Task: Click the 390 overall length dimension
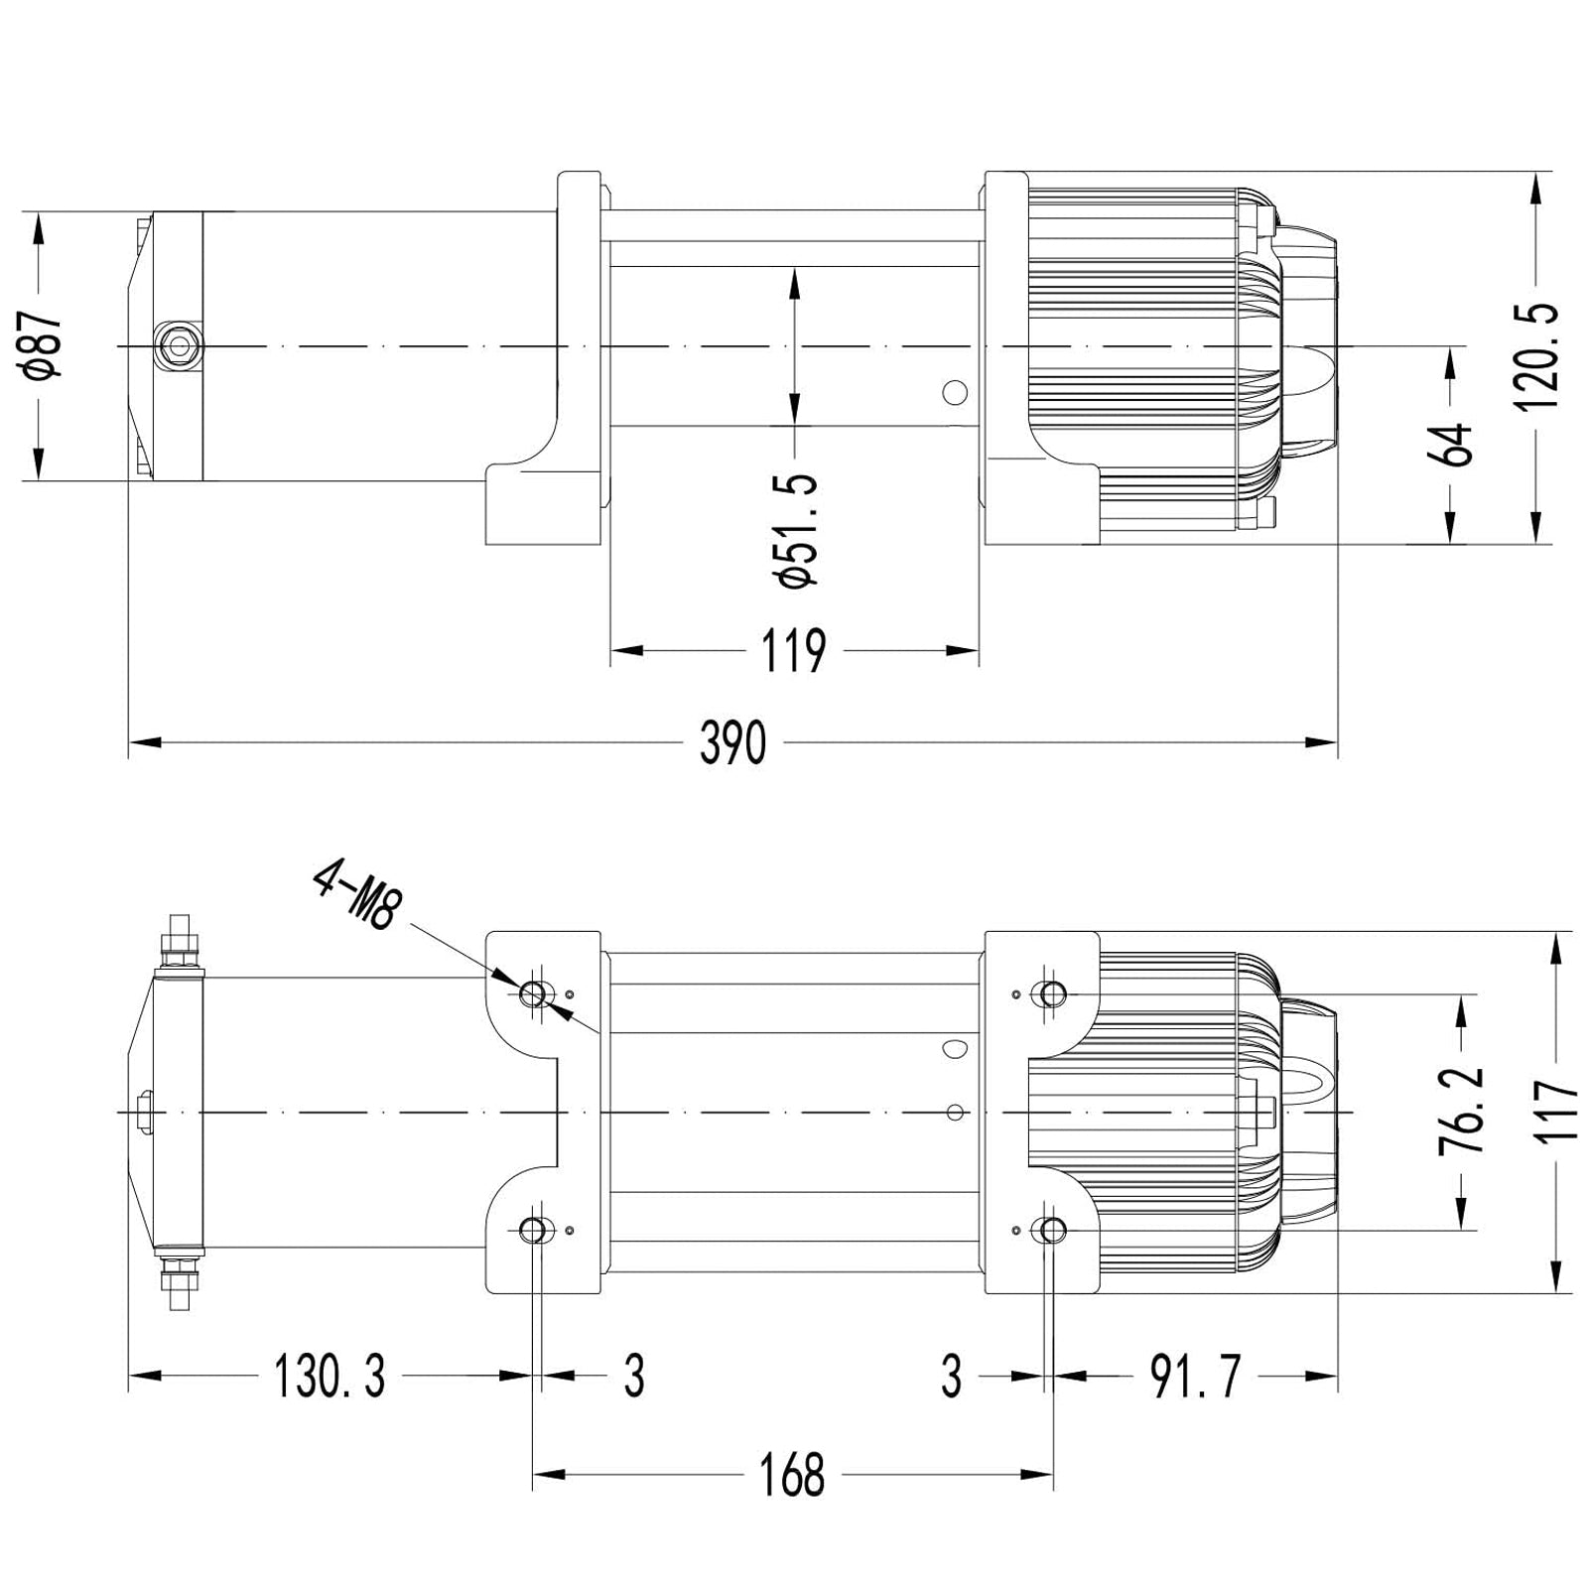click(732, 742)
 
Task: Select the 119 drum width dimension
click(793, 651)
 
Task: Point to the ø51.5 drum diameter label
click(800, 531)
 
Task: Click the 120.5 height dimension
click(1537, 357)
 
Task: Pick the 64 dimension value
click(1452, 444)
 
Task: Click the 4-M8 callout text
click(354, 895)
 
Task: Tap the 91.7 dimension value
click(1195, 1377)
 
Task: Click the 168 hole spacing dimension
click(792, 1476)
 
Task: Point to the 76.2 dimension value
click(1462, 1110)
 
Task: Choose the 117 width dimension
click(1559, 1112)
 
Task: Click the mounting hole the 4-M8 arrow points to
click(533, 992)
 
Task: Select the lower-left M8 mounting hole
click(533, 1231)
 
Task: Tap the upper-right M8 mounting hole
click(1050, 992)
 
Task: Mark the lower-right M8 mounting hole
click(1050, 1231)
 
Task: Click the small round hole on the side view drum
click(954, 392)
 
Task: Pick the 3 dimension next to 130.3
click(634, 1377)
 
